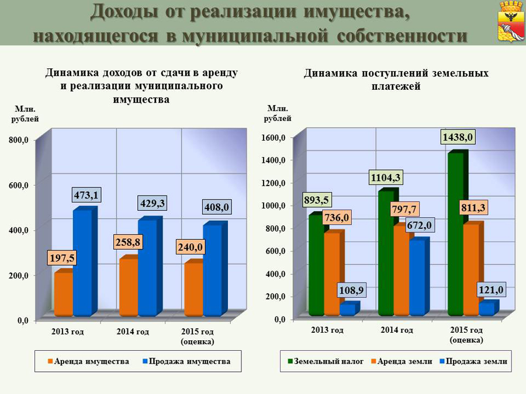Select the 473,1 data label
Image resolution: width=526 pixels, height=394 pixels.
[x=84, y=194]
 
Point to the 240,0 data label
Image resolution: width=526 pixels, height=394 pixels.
[x=190, y=247]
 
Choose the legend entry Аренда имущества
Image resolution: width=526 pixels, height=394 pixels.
[x=88, y=361]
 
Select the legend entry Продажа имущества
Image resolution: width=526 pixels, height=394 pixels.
[x=187, y=361]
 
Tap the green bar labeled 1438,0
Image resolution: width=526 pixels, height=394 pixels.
[x=456, y=233]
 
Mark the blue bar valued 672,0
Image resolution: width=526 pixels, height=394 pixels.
[x=417, y=277]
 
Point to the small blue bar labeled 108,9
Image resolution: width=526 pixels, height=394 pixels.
[x=347, y=309]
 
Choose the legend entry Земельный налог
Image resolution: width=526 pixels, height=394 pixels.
[x=325, y=361]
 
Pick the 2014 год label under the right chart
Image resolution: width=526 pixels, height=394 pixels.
[x=397, y=330]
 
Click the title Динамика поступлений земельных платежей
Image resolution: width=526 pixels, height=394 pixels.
[x=396, y=80]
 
